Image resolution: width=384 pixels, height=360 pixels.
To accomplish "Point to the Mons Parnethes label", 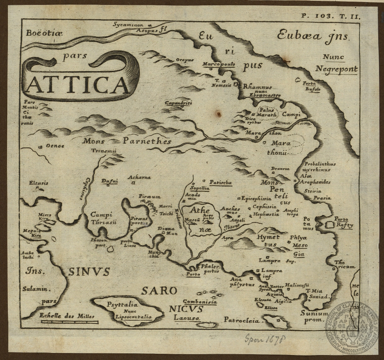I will click(126, 141).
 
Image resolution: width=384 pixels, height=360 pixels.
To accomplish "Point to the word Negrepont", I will click(336, 70).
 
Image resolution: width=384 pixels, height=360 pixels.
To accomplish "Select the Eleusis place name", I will click(39, 183).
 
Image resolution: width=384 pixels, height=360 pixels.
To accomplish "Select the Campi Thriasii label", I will click(104, 218).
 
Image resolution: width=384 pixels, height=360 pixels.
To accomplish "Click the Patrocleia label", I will click(241, 320).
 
